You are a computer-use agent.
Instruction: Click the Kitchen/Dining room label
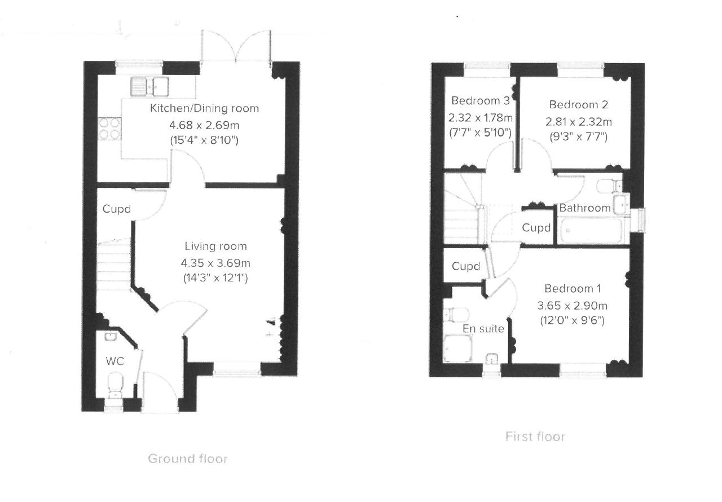point(204,108)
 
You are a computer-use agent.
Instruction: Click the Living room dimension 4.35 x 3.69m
point(215,262)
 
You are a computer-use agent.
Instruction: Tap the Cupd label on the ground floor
point(116,209)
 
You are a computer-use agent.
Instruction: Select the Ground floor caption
point(187,459)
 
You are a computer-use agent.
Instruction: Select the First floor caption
point(534,437)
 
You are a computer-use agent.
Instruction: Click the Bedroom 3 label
point(481,101)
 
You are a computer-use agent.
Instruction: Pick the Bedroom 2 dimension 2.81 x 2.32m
point(578,121)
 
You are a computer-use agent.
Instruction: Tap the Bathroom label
point(584,208)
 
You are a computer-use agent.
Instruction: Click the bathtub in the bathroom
point(591,231)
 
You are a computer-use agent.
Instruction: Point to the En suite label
point(483,329)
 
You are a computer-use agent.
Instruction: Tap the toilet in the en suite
point(455,314)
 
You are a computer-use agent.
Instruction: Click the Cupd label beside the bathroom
point(535,228)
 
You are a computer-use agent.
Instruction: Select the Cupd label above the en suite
point(465,266)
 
